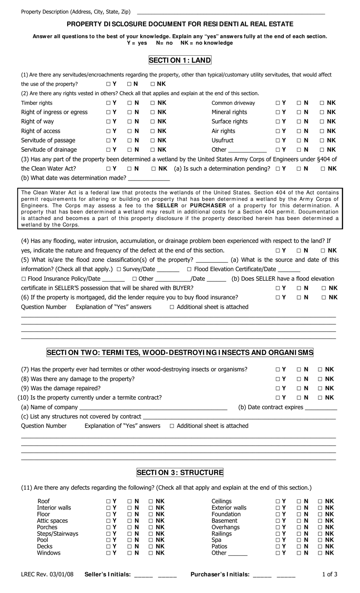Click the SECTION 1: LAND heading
180,60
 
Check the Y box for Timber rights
109,103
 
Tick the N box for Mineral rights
299,112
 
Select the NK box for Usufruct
322,140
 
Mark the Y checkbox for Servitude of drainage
109,150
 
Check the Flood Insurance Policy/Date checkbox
23,279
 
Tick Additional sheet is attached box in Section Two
172,426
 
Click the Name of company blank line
153,408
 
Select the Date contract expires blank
321,408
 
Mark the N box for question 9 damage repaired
299,388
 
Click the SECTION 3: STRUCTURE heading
180,472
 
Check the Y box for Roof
109,501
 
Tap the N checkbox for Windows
130,553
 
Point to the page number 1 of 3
329,574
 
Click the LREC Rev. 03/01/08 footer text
47,574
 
